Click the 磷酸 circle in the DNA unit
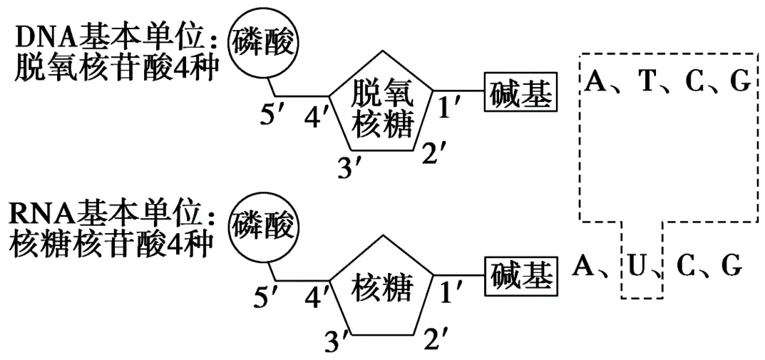pyautogui.click(x=261, y=43)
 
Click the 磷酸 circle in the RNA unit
pyautogui.click(x=261, y=227)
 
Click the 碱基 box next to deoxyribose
pyautogui.click(x=520, y=94)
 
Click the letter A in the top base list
pyautogui.click(x=594, y=83)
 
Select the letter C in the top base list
pyautogui.click(x=694, y=83)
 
